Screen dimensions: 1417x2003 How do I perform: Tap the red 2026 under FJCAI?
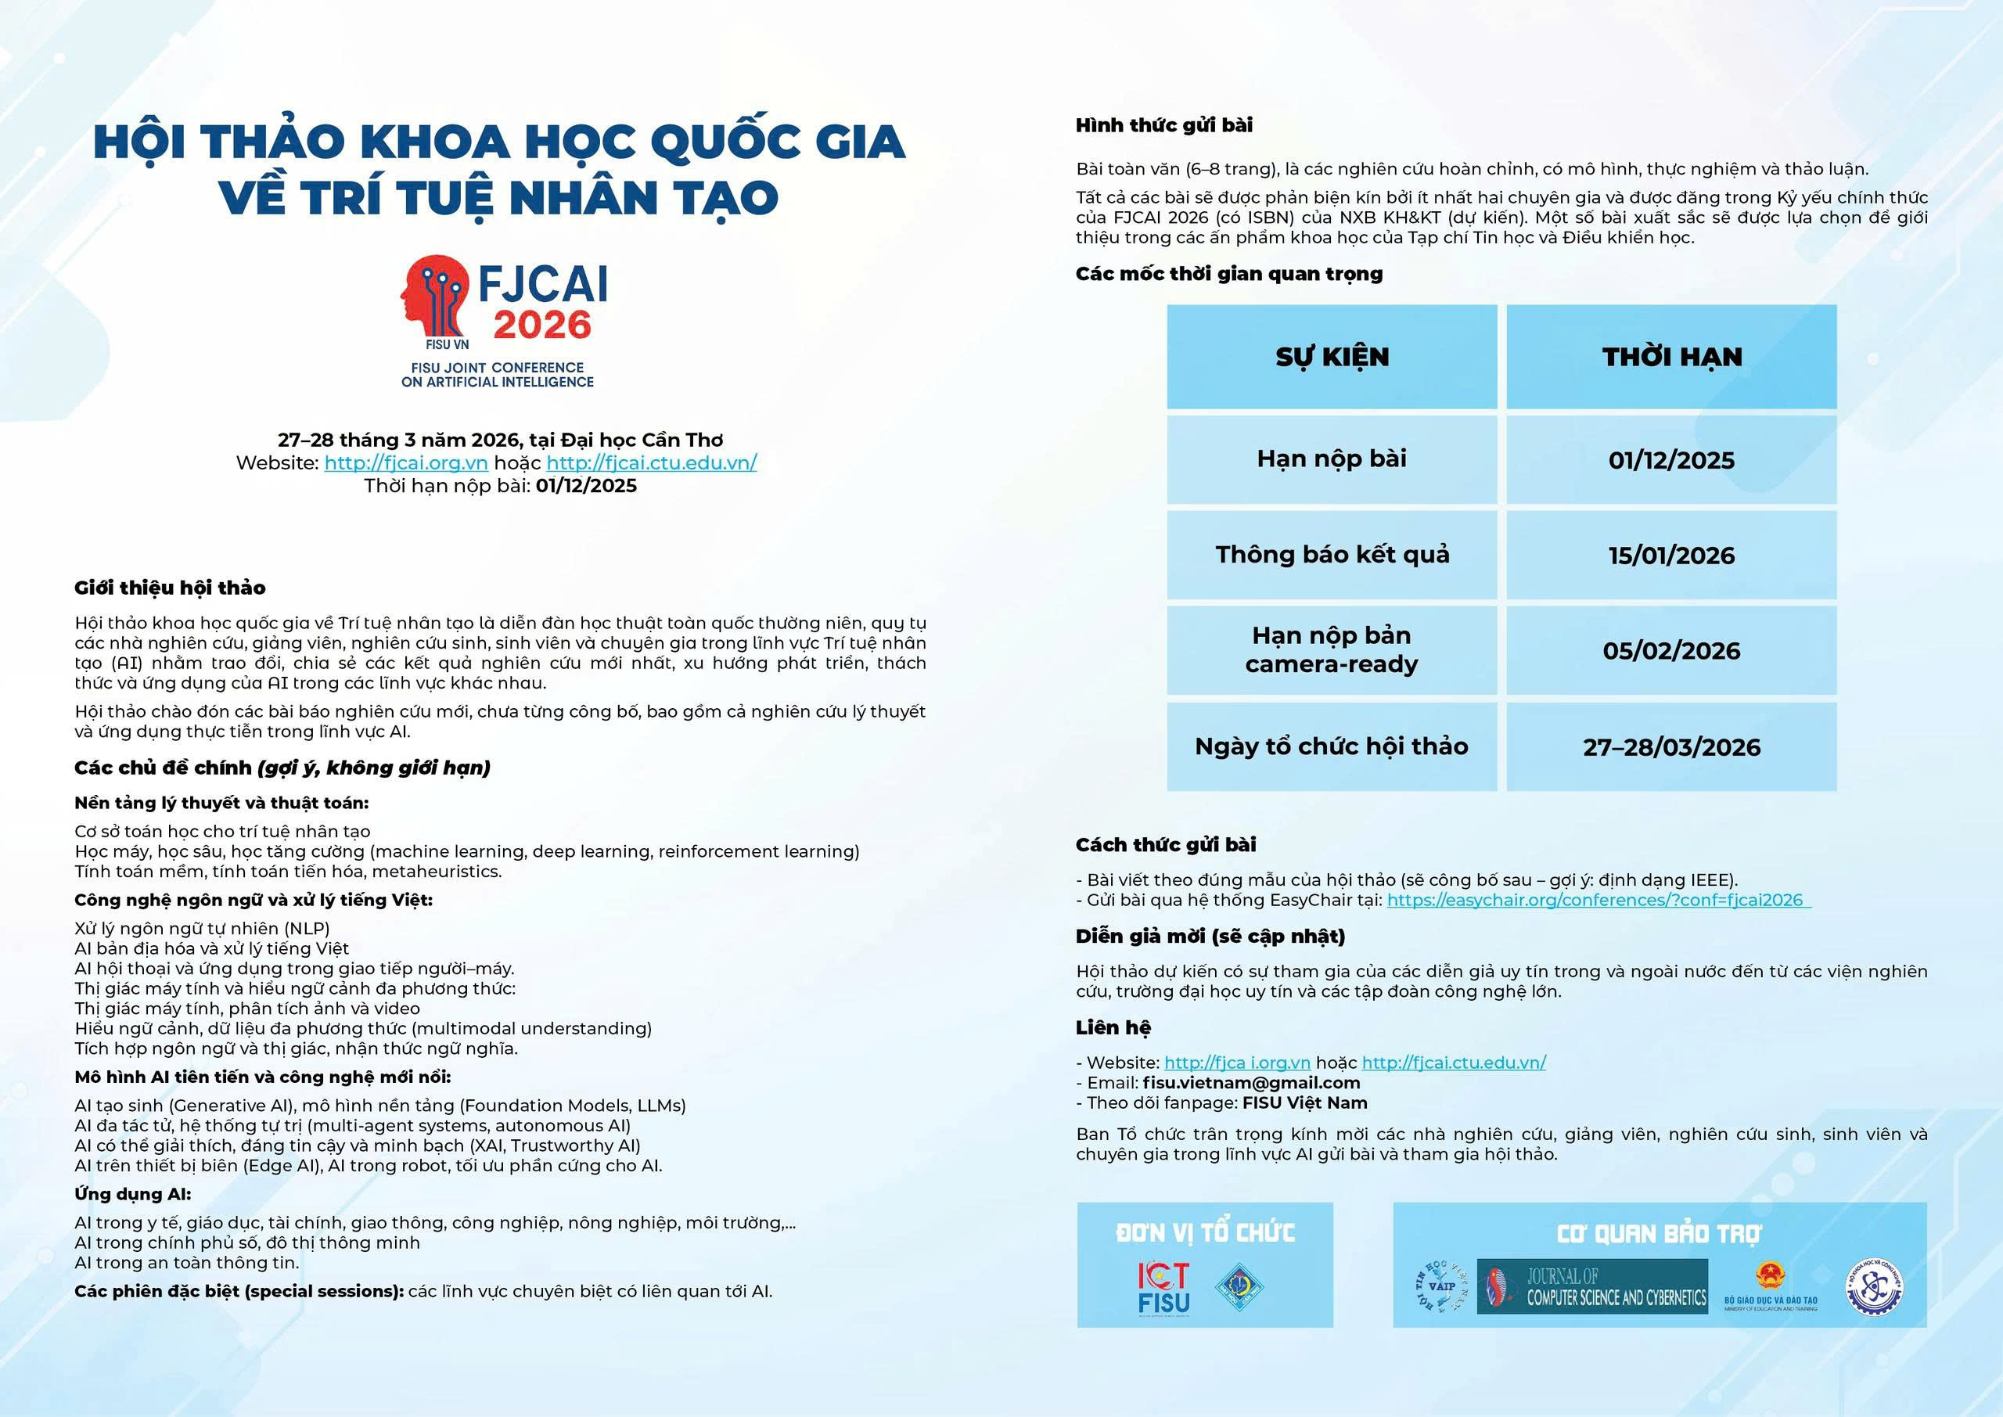click(541, 325)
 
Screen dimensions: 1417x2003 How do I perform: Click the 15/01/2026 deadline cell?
click(1670, 556)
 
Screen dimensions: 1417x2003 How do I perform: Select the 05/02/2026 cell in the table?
click(1670, 651)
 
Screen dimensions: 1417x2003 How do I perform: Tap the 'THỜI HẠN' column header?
click(1670, 357)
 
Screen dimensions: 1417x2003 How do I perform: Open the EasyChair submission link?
click(1598, 901)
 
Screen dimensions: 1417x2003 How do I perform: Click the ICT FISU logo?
click(1163, 1288)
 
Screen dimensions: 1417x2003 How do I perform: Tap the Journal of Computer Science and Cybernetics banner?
click(1592, 1286)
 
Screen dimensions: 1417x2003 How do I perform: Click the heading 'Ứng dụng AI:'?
click(132, 1194)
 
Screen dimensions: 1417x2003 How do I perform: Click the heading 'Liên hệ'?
click(1113, 1028)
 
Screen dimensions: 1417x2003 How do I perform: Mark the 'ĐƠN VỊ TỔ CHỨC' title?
click(1205, 1232)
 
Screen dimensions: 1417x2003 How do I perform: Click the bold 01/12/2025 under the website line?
click(586, 486)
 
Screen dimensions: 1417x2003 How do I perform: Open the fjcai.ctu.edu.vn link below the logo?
click(652, 463)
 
